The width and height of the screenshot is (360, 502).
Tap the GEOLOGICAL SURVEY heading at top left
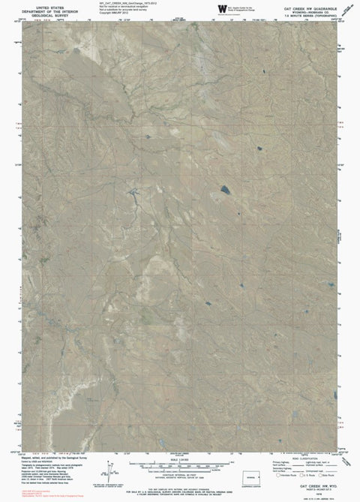click(43, 14)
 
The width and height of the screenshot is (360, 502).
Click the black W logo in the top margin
click(221, 8)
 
